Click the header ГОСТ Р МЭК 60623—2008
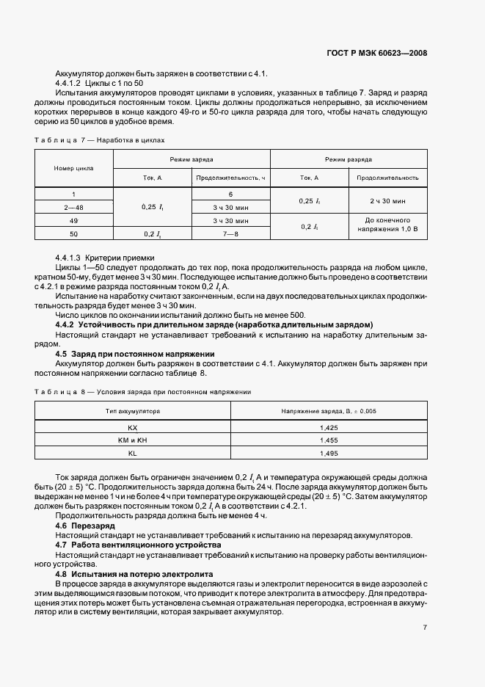(x=377, y=54)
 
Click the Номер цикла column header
(x=73, y=168)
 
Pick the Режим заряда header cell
(x=192, y=159)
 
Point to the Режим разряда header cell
(x=349, y=159)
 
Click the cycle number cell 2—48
(x=73, y=207)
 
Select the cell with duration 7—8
(x=231, y=233)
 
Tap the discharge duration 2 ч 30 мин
(x=387, y=200)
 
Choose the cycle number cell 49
(x=73, y=219)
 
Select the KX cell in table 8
(x=133, y=426)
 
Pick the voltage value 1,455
(x=329, y=440)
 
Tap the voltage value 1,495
(x=329, y=453)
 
